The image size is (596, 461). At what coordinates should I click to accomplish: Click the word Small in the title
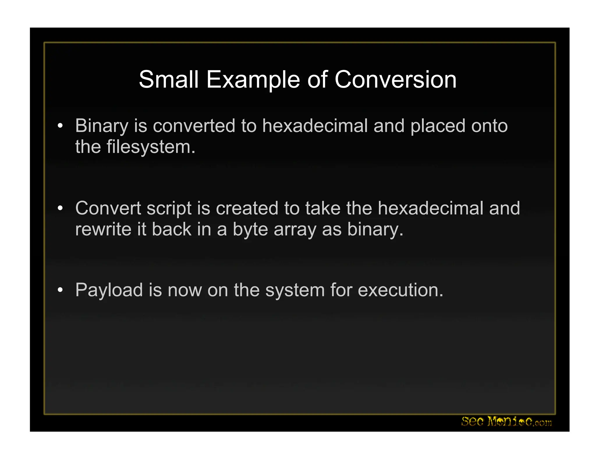point(168,80)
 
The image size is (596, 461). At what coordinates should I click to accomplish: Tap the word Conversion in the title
point(395,80)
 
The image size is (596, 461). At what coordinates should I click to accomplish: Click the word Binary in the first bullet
point(102,126)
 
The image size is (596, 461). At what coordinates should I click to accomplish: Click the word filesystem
point(151,147)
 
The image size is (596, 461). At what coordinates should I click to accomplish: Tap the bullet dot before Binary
point(60,126)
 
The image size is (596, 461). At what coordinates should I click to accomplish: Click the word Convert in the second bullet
point(108,208)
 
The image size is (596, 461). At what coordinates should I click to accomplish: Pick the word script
point(169,208)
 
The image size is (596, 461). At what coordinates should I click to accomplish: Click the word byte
point(250,229)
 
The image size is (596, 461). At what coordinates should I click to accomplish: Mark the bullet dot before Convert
point(60,208)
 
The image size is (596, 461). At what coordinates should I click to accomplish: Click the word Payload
point(109,290)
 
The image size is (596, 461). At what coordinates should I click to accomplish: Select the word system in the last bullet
point(295,290)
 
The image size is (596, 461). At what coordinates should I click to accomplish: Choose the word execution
point(400,290)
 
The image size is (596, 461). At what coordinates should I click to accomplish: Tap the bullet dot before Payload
point(60,290)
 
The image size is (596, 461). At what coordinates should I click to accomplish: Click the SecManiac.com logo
point(506,422)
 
